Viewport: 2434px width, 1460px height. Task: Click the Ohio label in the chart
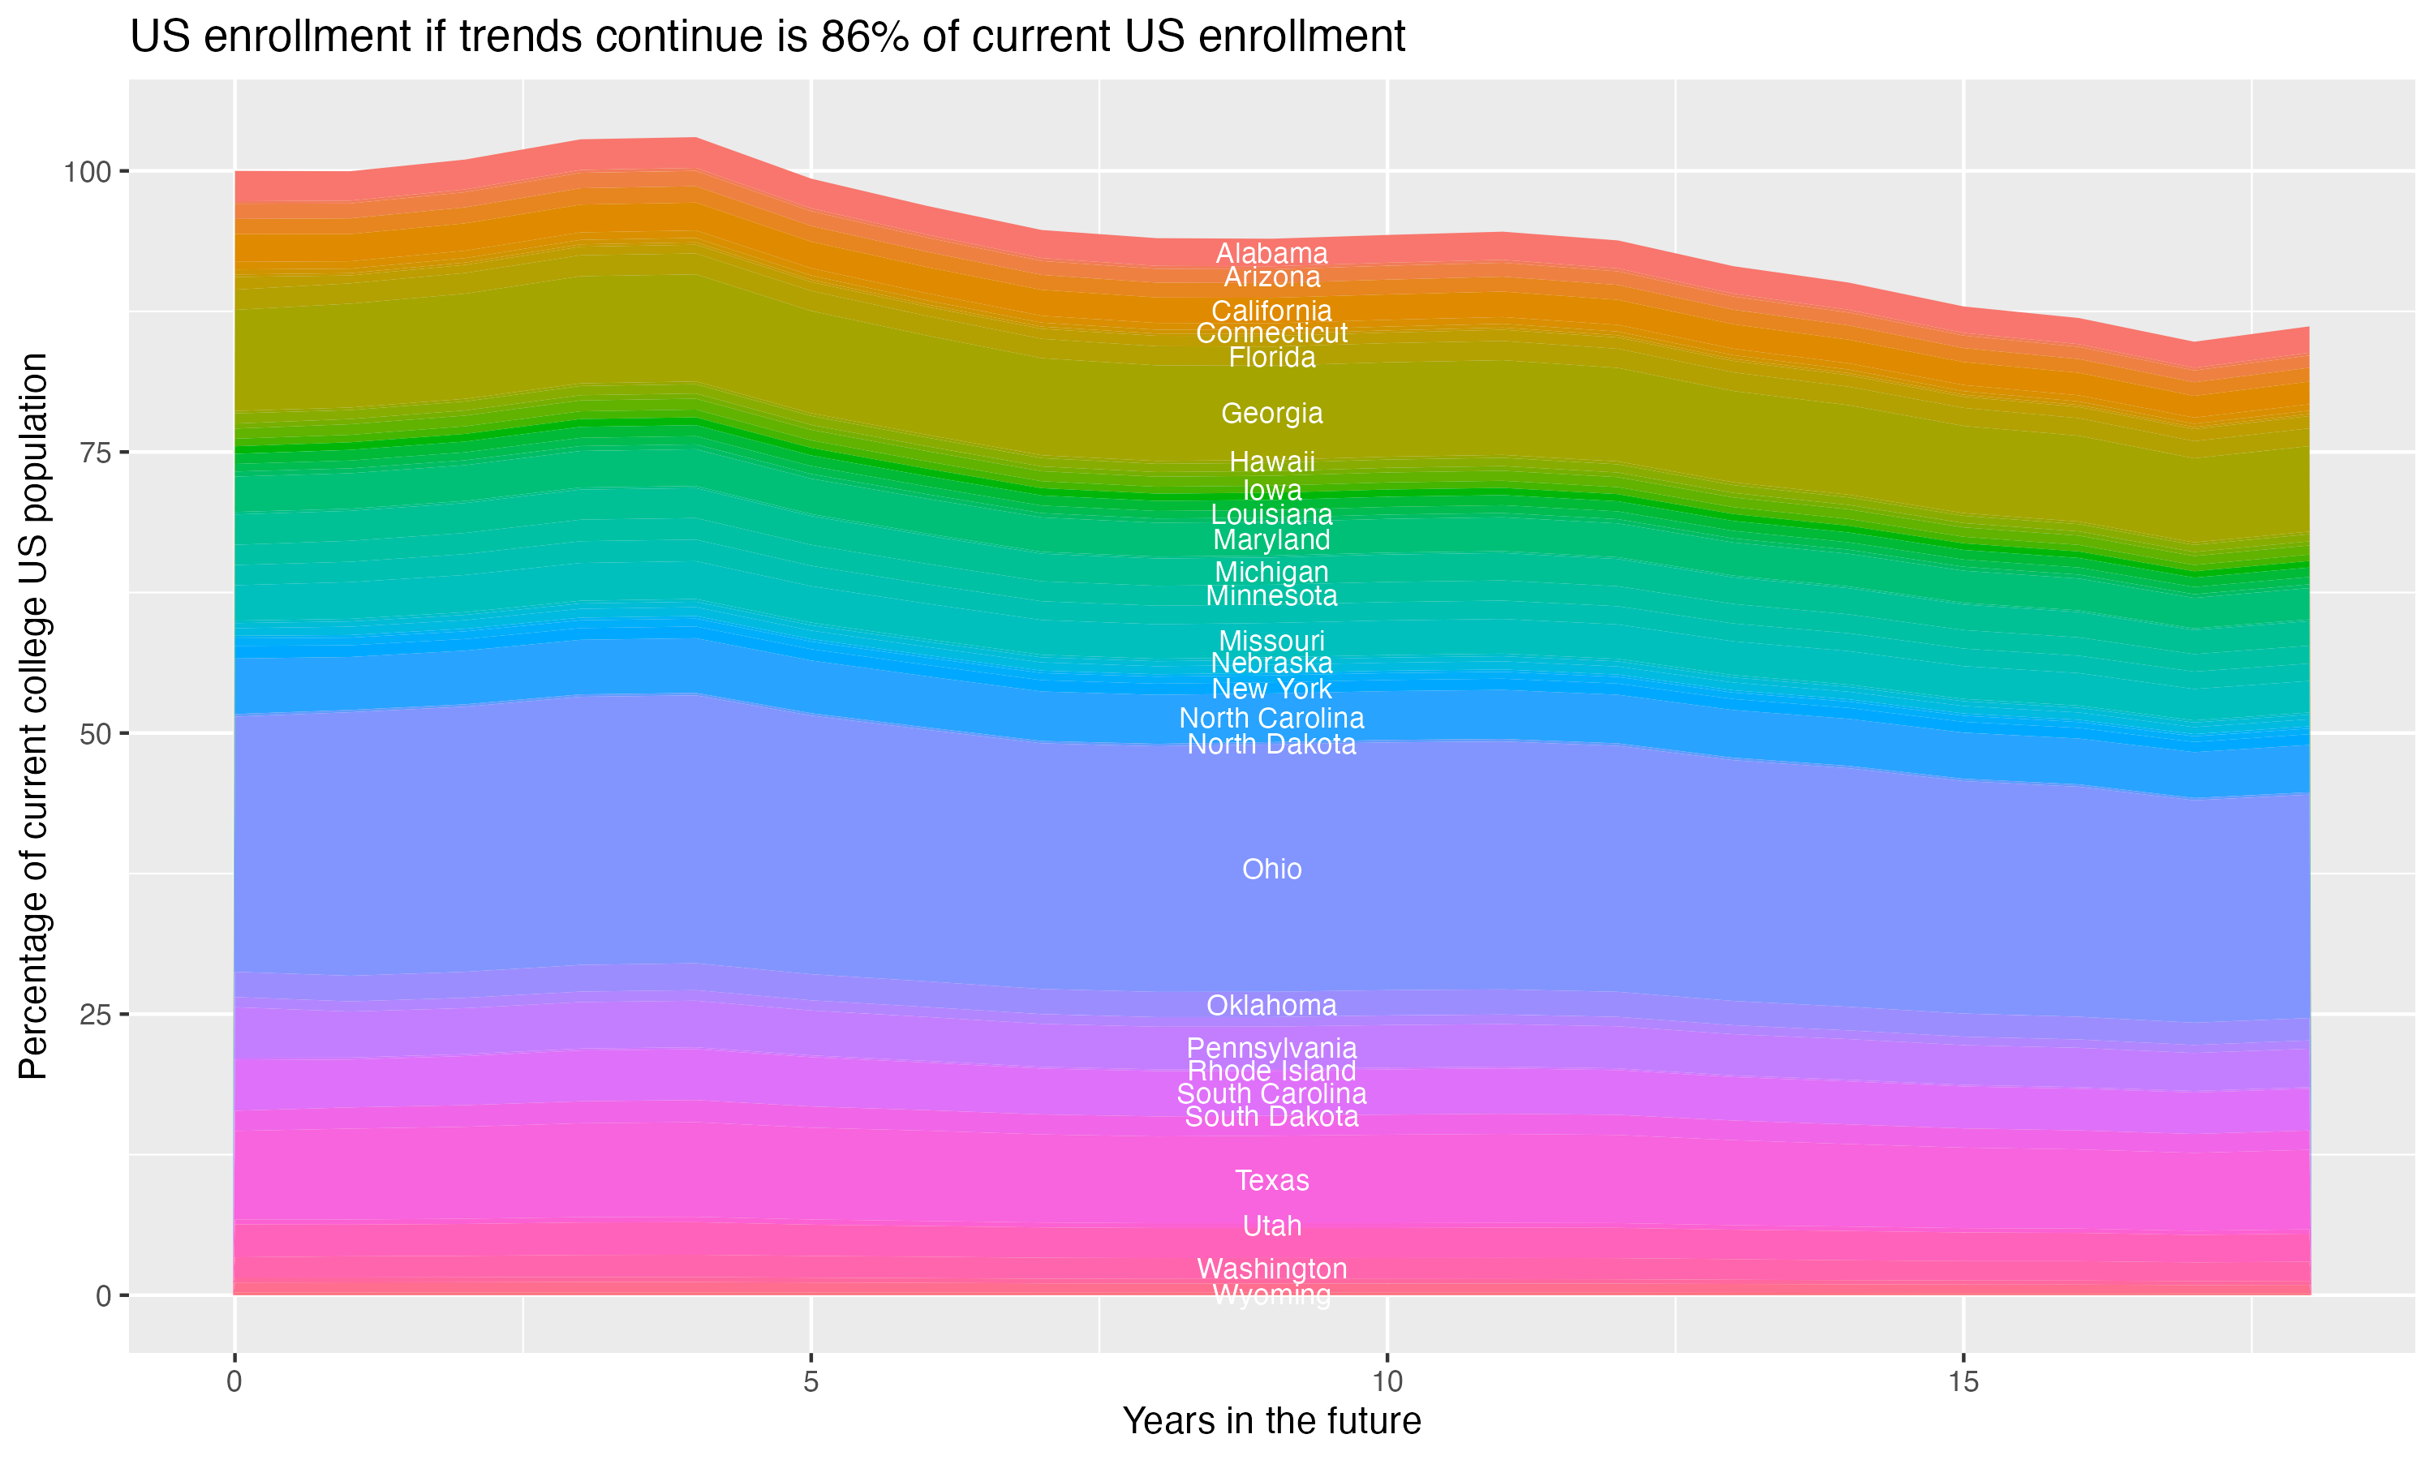click(x=1271, y=870)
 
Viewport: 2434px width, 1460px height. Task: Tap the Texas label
click(x=1271, y=1181)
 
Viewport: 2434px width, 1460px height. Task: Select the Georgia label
click(x=1271, y=413)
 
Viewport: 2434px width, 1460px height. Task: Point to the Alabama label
click(x=1271, y=253)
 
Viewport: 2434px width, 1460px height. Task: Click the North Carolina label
click(x=1271, y=718)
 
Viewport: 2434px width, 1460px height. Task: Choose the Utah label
click(x=1271, y=1226)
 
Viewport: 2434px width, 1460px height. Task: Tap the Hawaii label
click(x=1271, y=462)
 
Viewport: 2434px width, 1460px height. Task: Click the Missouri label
click(x=1271, y=641)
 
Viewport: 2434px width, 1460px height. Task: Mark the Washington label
click(x=1271, y=1269)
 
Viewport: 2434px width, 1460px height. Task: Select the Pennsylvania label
click(x=1271, y=1049)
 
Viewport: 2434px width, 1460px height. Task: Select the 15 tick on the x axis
click(x=1963, y=1382)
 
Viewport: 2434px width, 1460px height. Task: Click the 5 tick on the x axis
click(x=811, y=1382)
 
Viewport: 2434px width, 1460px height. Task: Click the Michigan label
click(x=1271, y=572)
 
